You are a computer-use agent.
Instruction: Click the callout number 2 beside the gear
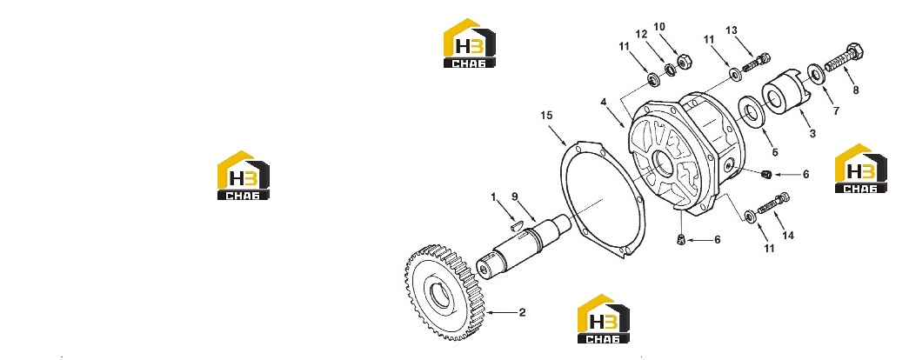(x=522, y=312)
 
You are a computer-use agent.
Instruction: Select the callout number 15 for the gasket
(x=546, y=116)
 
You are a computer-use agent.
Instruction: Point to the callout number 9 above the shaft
(x=514, y=197)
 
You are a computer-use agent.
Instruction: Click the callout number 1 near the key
(x=493, y=197)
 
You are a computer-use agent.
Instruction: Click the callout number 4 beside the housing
(x=604, y=102)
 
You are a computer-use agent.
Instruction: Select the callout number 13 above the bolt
(x=731, y=30)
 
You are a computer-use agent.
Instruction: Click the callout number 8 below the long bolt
(x=856, y=90)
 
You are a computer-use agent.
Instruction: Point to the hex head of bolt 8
(x=854, y=51)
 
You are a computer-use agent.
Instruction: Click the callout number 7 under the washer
(x=836, y=110)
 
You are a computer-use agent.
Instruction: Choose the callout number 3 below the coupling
(x=812, y=134)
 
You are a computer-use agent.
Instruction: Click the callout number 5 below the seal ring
(x=774, y=153)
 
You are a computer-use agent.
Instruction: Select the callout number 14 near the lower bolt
(x=788, y=236)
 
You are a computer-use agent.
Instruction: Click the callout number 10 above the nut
(x=659, y=27)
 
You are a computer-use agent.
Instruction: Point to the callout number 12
(x=640, y=34)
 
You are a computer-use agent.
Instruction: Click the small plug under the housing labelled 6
(x=681, y=239)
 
